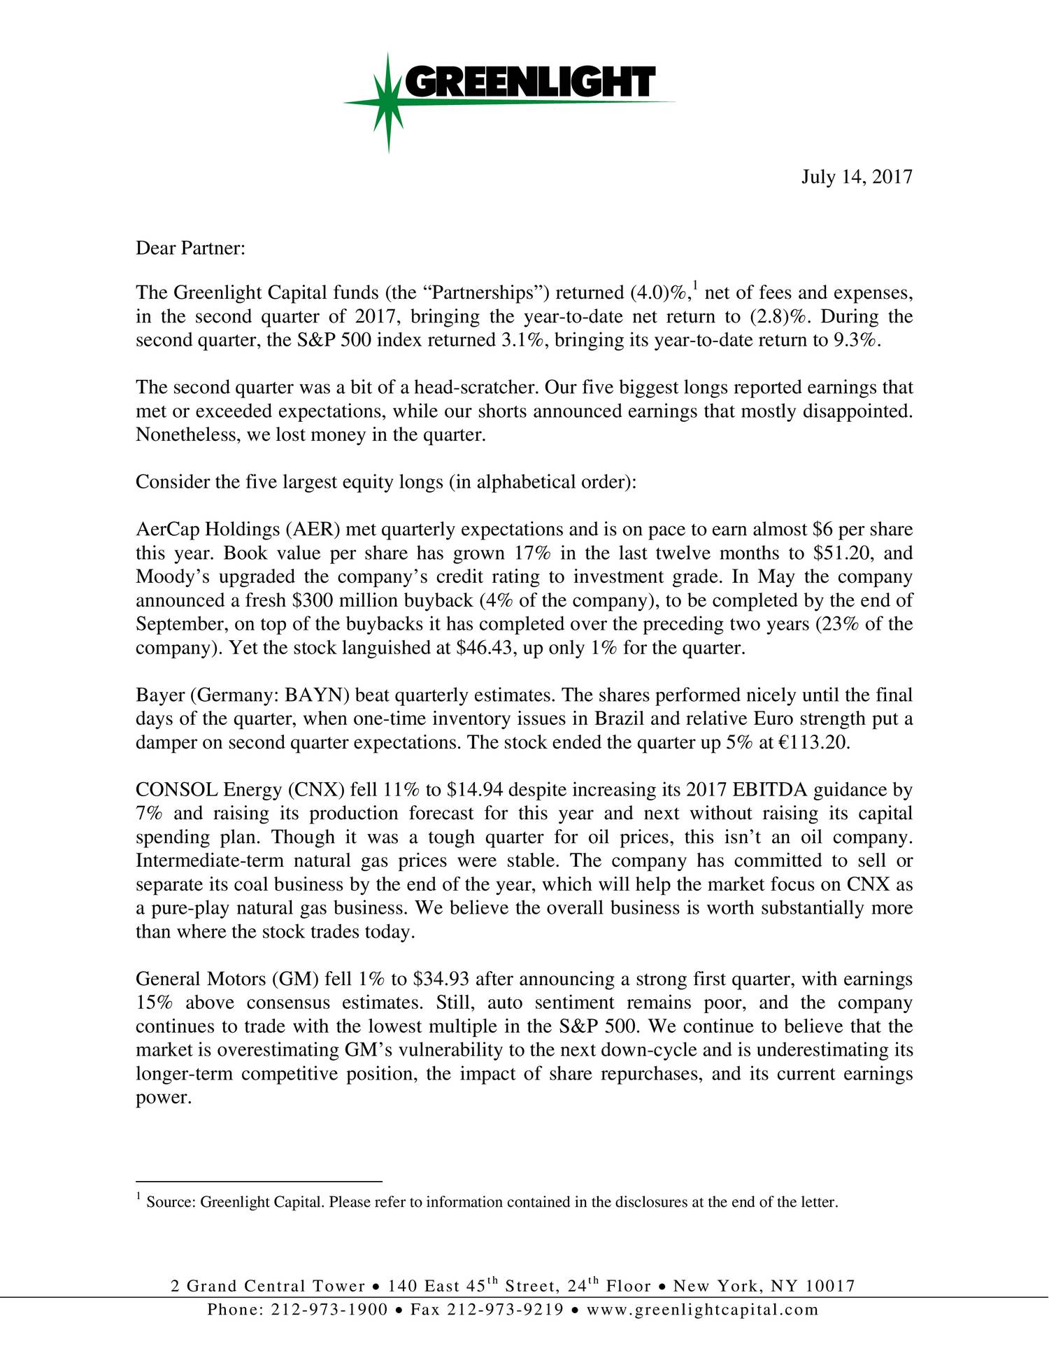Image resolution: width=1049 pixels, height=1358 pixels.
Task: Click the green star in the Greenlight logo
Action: pos(389,103)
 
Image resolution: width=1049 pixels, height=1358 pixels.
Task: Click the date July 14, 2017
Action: pos(856,176)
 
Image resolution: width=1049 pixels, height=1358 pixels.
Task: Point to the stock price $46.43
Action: pos(485,648)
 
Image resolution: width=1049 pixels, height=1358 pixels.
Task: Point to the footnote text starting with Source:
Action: pos(490,1203)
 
